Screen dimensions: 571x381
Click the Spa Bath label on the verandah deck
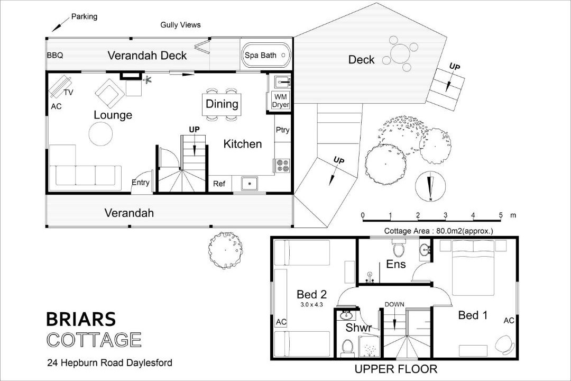pos(260,56)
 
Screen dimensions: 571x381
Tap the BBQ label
pos(55,56)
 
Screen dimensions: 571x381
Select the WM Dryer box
pos(280,101)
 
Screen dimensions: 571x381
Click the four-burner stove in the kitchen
pos(283,165)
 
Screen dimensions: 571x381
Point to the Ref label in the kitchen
pos(219,184)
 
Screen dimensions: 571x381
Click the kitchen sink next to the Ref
pos(249,184)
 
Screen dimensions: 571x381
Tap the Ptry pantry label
pos(282,130)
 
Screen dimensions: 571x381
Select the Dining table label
pos(222,104)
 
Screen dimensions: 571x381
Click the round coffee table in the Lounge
pos(100,134)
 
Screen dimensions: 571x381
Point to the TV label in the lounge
pos(68,93)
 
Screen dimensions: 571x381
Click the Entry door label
pos(140,182)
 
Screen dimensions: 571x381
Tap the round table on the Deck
pos(400,53)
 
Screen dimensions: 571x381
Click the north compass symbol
pos(430,186)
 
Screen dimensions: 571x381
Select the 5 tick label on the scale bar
pos(501,215)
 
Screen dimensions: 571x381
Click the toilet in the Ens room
pos(399,248)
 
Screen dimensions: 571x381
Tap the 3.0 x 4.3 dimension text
pos(312,304)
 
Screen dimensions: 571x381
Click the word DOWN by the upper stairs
pos(394,304)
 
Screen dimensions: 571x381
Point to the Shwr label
pos(358,328)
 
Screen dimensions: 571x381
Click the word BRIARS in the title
pos(81,319)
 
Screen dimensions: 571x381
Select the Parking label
pos(84,17)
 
